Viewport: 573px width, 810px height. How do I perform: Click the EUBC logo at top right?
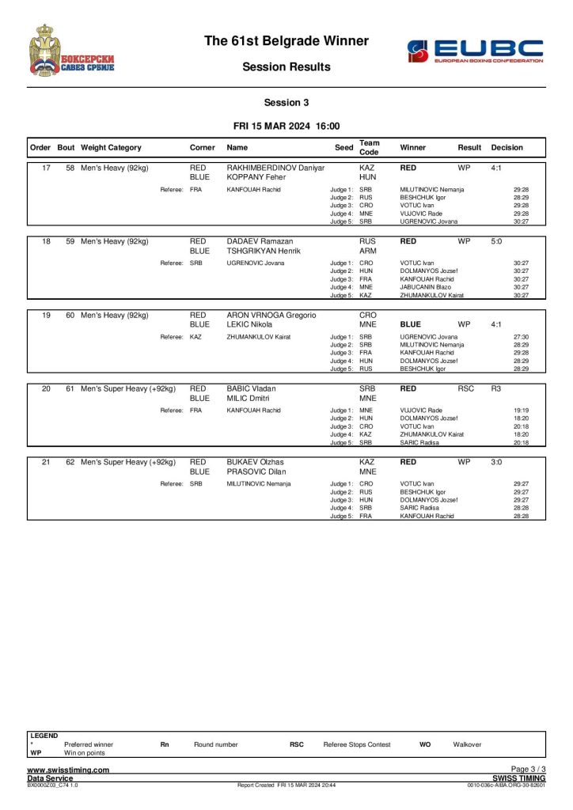pyautogui.click(x=475, y=51)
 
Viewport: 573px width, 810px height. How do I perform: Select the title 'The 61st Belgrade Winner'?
pyautogui.click(x=286, y=40)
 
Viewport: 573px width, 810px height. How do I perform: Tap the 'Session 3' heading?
pyautogui.click(x=286, y=102)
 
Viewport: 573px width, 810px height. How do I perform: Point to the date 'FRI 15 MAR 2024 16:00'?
pyautogui.click(x=286, y=126)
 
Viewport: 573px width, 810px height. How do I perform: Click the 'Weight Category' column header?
pyautogui.click(x=111, y=147)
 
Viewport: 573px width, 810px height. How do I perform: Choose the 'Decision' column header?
pyautogui.click(x=507, y=147)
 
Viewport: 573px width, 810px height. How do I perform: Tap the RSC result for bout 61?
pyautogui.click(x=466, y=388)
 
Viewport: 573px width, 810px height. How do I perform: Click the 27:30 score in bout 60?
pyautogui.click(x=521, y=337)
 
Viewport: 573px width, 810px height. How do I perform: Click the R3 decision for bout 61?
pyautogui.click(x=496, y=388)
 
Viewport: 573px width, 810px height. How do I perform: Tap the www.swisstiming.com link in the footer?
pyautogui.click(x=68, y=770)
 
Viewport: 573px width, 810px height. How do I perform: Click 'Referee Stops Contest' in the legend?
pyautogui.click(x=357, y=744)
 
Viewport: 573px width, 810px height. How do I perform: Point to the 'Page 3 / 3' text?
pyautogui.click(x=528, y=769)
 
